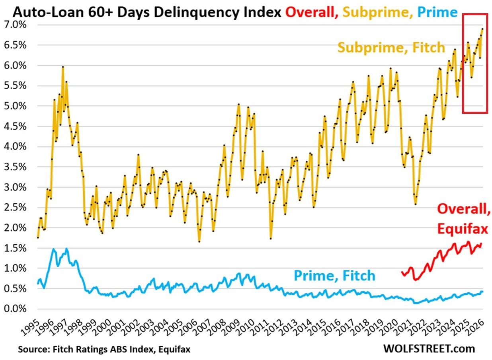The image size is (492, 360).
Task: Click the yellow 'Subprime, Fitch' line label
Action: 391,48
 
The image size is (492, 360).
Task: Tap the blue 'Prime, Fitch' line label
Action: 334,275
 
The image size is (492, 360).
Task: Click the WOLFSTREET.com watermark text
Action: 429,348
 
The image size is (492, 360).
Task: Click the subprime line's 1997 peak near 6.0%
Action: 63,67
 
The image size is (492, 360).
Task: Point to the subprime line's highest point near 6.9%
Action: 482,29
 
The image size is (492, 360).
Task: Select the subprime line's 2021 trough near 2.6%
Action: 416,204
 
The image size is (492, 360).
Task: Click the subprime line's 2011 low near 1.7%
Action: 271,238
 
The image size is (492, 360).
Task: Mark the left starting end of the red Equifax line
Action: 402,272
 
